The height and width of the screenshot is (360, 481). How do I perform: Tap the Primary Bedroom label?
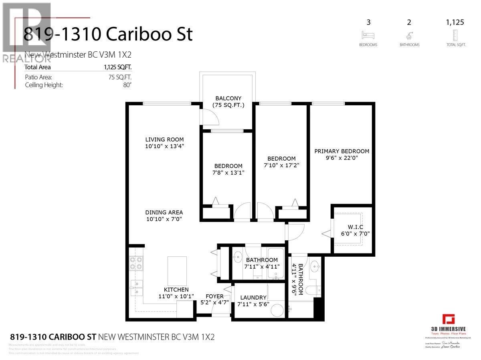point(342,151)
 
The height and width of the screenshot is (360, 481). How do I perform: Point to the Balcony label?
point(228,98)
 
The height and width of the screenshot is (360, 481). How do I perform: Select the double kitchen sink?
point(136,287)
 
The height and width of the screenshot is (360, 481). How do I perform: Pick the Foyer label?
point(214,296)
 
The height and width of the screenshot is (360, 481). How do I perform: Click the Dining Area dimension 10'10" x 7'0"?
point(164,219)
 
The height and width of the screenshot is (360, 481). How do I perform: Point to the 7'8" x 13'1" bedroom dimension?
point(228,173)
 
